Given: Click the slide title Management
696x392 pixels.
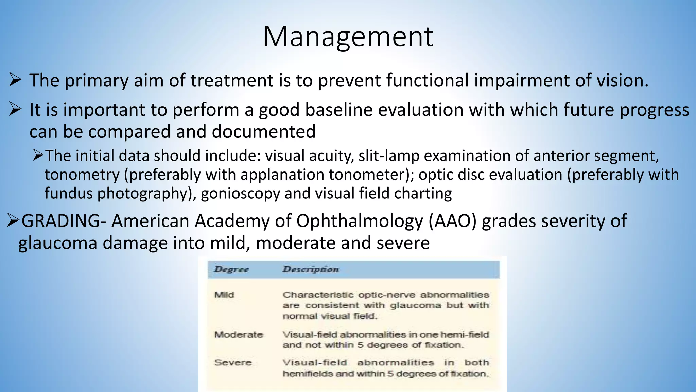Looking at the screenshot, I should [348, 37].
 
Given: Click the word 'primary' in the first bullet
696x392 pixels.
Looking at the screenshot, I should [97, 81].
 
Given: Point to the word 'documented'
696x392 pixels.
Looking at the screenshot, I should [264, 132].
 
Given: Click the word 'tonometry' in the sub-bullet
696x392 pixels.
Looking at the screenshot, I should [82, 175].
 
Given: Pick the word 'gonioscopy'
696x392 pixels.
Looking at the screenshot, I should [240, 194].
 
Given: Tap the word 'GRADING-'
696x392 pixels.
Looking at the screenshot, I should [63, 221].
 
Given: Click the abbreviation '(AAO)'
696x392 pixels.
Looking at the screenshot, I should [452, 221].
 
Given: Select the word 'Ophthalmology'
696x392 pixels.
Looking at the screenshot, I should [359, 222].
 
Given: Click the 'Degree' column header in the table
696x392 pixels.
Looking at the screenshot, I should [231, 269].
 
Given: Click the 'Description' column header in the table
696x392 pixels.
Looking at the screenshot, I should [311, 269].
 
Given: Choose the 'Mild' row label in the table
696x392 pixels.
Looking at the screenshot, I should [224, 295].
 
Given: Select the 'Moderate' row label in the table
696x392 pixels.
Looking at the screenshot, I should [239, 334].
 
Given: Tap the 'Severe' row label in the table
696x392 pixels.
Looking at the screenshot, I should [233, 362].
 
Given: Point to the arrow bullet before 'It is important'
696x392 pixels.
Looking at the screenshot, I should [15, 110].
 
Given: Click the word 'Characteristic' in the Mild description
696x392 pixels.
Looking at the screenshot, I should [318, 295].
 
